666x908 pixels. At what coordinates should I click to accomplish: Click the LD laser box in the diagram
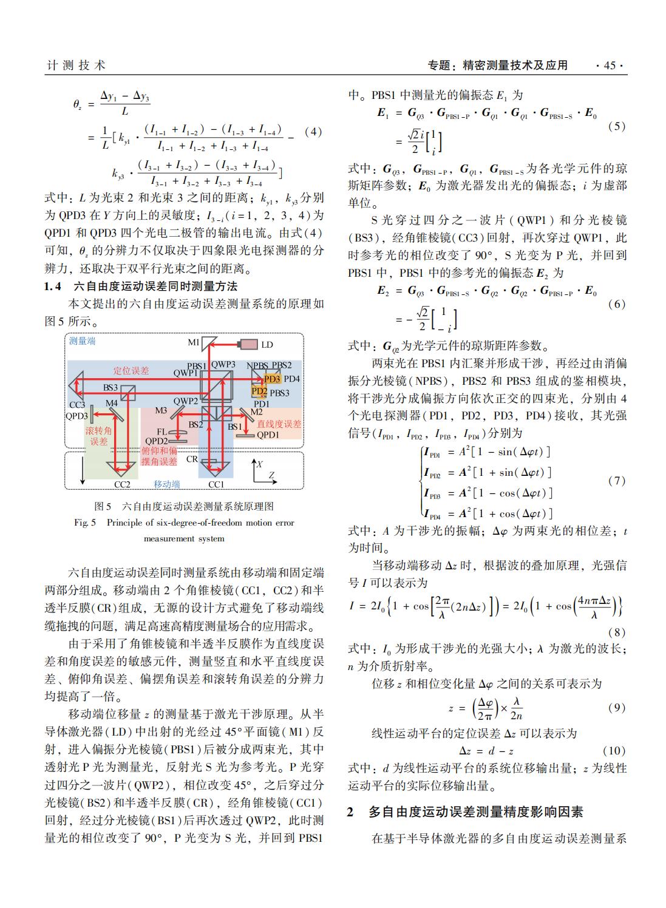click(x=248, y=344)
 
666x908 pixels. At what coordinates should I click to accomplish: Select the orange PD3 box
click(x=272, y=379)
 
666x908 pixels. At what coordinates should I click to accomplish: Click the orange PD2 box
click(x=259, y=391)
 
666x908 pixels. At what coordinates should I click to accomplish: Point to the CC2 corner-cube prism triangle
click(x=121, y=468)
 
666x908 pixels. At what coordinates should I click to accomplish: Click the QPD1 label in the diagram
click(x=268, y=435)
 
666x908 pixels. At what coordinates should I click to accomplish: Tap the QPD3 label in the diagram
click(x=77, y=416)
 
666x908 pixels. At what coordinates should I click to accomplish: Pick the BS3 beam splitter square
click(x=127, y=394)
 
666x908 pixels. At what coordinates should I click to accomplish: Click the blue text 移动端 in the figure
click(x=166, y=484)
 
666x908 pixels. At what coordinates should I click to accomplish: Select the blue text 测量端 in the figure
click(x=82, y=341)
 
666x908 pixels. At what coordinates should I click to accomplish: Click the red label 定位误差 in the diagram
click(x=131, y=370)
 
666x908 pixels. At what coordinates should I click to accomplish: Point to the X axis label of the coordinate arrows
click(x=260, y=464)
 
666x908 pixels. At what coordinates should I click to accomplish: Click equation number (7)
click(x=616, y=481)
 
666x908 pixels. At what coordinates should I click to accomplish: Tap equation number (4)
click(x=313, y=132)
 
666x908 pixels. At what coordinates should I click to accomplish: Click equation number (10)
click(x=613, y=750)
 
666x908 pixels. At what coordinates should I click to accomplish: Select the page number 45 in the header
click(x=610, y=66)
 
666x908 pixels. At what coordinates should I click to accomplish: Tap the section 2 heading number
click(x=350, y=811)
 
